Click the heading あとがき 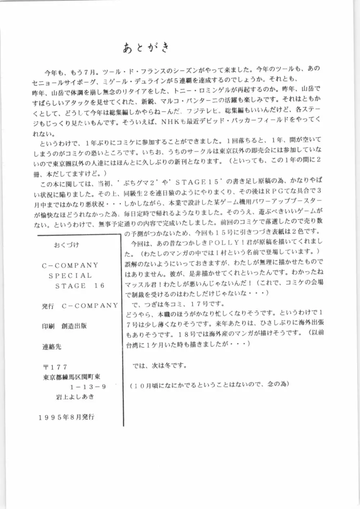(x=145, y=48)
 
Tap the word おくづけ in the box (x=66, y=245)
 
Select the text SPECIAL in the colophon (x=70, y=276)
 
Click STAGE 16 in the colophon (x=80, y=286)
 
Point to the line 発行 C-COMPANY (x=80, y=306)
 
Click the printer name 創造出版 (x=74, y=326)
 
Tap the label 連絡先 (x=51, y=347)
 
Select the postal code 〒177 (x=55, y=367)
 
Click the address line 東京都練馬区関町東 (x=71, y=377)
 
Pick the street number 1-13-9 (x=88, y=387)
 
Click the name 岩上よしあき (x=73, y=397)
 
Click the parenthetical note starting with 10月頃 (x=210, y=384)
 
